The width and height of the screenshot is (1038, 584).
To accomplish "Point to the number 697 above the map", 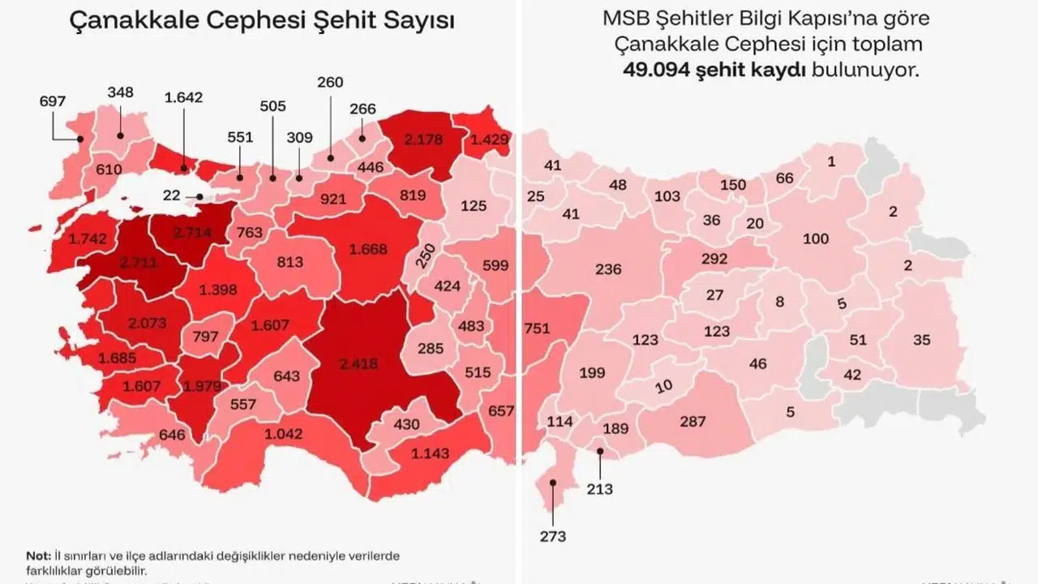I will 52,101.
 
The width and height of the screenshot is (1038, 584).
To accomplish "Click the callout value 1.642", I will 183,97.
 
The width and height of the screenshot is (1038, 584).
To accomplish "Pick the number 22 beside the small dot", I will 171,196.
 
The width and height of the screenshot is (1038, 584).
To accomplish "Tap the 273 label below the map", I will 552,536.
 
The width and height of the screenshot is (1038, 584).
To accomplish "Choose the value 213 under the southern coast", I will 600,488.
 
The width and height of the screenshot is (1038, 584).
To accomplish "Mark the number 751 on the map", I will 537,328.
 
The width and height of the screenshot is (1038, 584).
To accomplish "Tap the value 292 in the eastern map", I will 714,260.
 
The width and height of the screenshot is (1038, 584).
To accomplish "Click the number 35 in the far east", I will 921,340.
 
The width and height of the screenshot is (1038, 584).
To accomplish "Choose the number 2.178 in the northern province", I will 422,140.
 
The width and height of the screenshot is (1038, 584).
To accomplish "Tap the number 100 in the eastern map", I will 816,238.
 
